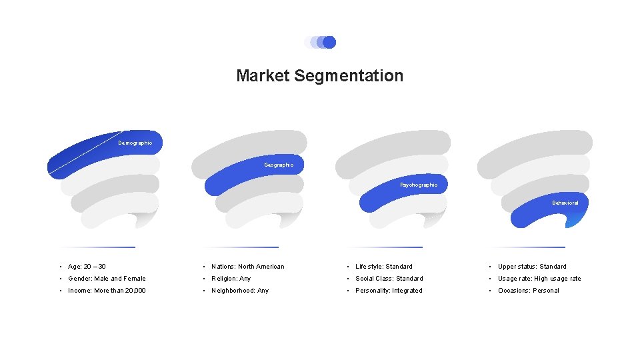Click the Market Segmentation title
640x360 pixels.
tap(319, 76)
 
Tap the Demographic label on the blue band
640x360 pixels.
tap(135, 143)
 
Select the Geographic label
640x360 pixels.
tap(279, 165)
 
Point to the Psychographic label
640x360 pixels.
tap(419, 185)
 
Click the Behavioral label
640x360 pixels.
tap(565, 203)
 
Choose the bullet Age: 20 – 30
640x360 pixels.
tap(87, 267)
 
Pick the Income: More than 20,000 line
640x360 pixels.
tap(107, 291)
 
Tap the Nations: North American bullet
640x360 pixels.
tap(247, 267)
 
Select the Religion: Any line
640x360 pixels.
tap(231, 279)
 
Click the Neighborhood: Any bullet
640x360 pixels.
tap(240, 291)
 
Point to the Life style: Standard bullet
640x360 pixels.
tap(384, 267)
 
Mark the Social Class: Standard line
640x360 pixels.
tap(389, 279)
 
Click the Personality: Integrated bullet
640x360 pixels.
tap(389, 291)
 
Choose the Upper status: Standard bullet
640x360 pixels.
tap(532, 267)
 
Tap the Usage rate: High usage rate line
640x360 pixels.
tap(539, 279)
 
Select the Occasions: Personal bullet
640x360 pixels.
tap(529, 291)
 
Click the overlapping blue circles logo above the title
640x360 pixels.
tap(320, 43)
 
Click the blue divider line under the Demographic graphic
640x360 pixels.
tap(97, 247)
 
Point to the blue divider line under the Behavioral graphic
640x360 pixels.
tap(527, 247)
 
